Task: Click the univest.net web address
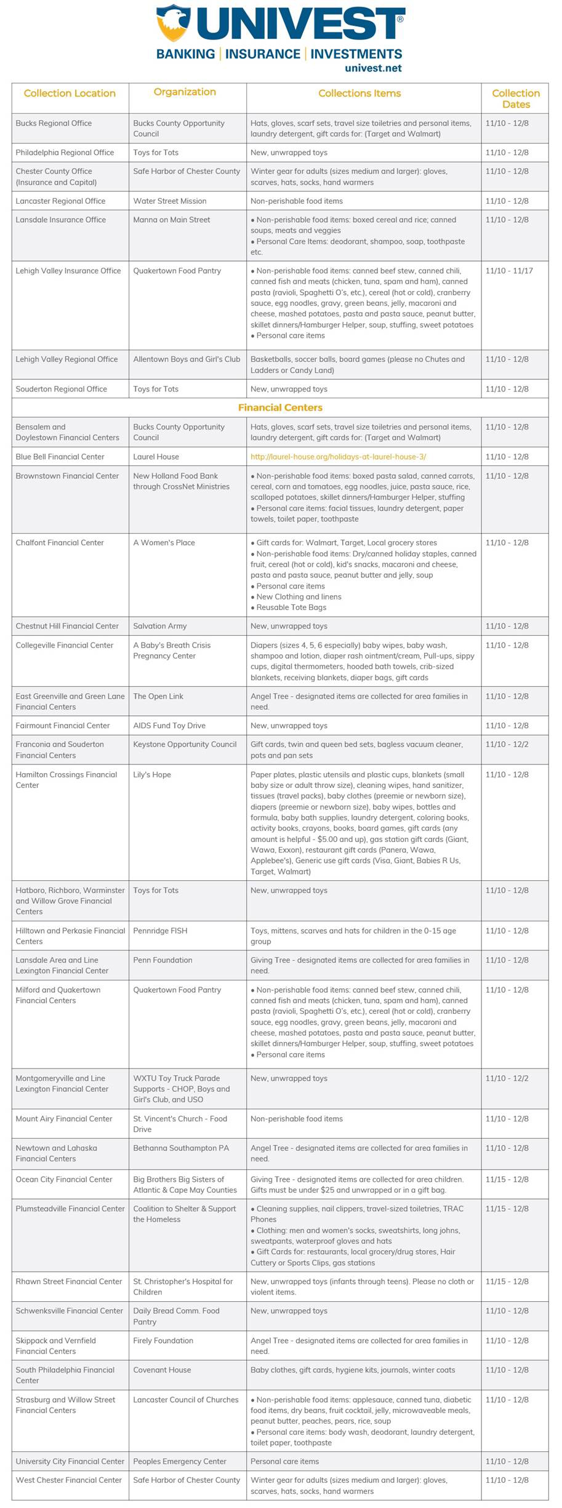pos(373,68)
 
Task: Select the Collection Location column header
pos(70,94)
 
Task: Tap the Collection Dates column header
pos(515,98)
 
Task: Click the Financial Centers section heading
pos(280,407)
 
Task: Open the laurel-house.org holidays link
pos(338,457)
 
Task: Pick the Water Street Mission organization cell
pos(170,201)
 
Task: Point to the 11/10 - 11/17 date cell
pos(509,271)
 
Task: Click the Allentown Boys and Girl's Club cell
pos(187,359)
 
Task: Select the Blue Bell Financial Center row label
pos(60,457)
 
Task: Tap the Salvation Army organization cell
pos(159,626)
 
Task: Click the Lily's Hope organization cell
pos(153,775)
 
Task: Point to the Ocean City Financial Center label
pos(64,1179)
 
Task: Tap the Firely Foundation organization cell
pos(163,1340)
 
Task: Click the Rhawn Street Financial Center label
pos(69,1281)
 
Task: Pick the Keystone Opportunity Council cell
pos(185,744)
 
